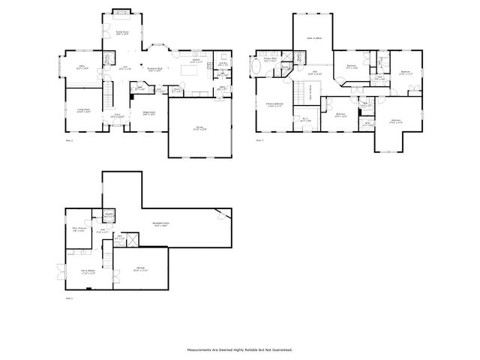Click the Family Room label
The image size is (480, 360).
[121, 33]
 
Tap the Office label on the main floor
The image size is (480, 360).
[83, 67]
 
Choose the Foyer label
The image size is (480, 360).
[116, 116]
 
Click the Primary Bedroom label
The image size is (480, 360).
[274, 105]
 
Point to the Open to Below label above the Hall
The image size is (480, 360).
[313, 38]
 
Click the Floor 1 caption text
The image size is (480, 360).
[70, 298]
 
